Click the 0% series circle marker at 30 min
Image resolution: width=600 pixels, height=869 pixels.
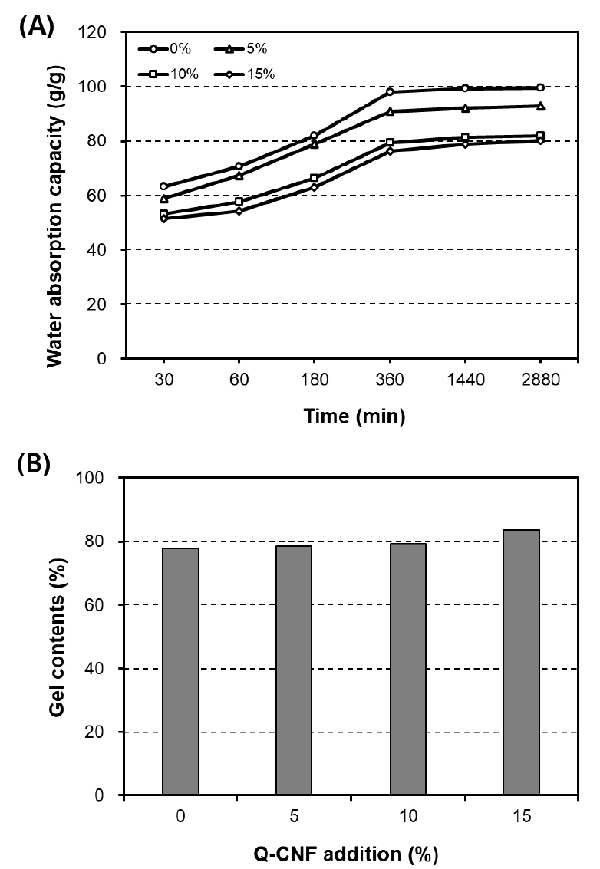[x=163, y=186]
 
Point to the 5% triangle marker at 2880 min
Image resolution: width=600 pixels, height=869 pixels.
[x=541, y=106]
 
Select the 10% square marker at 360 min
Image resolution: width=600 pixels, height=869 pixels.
[x=390, y=142]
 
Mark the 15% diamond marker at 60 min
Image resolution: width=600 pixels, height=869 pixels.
[x=239, y=211]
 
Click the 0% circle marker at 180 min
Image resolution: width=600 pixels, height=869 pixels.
[x=315, y=136]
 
